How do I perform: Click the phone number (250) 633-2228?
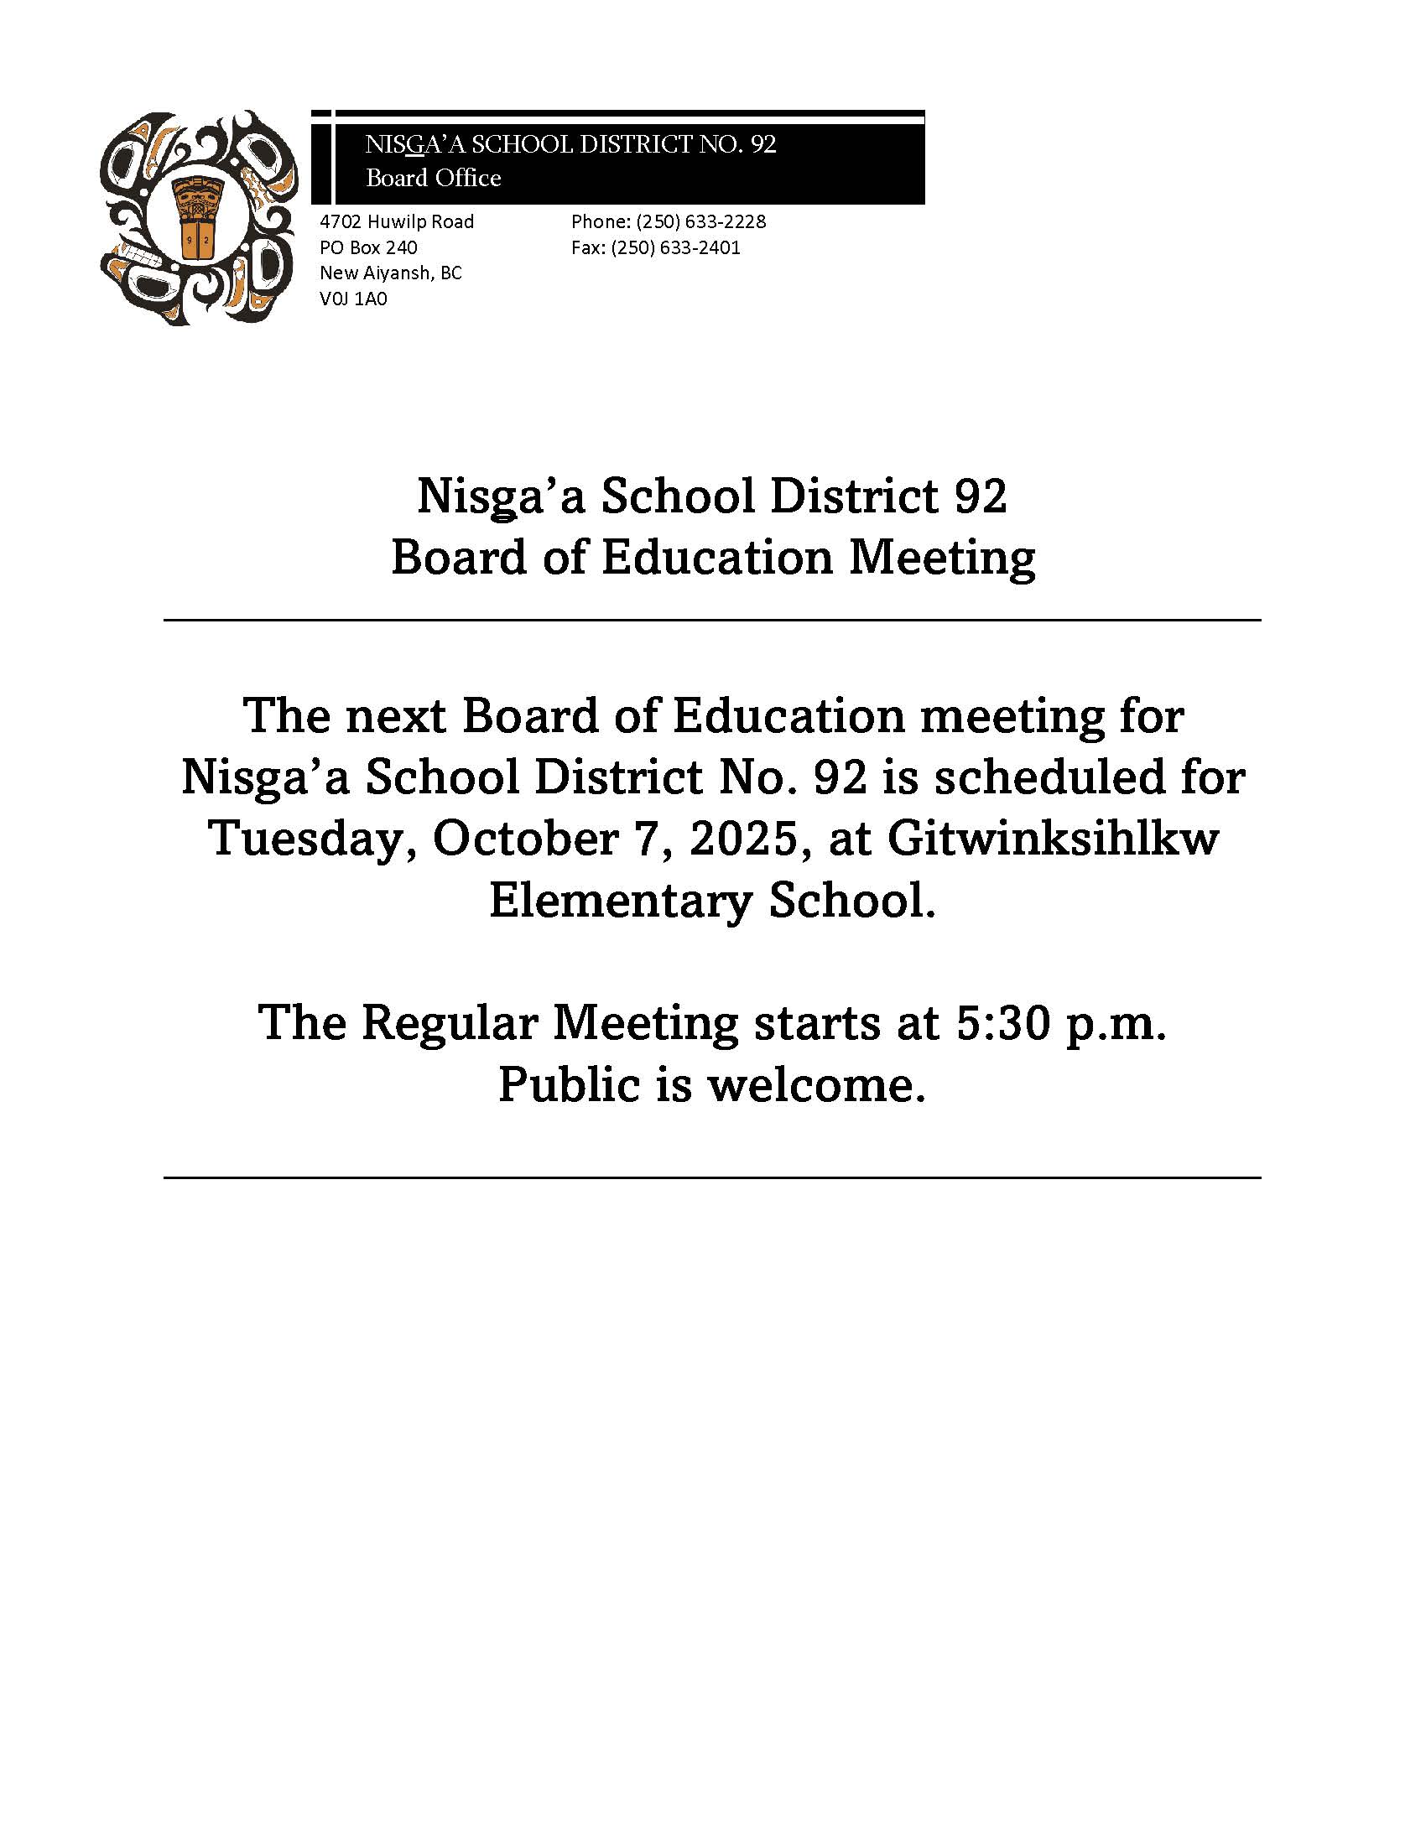click(700, 221)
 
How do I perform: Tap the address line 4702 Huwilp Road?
click(396, 221)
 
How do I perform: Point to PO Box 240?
click(367, 247)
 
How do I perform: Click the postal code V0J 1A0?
click(353, 299)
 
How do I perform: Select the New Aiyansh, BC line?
click(390, 273)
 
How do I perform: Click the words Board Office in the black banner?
click(433, 178)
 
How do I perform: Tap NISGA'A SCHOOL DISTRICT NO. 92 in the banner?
click(570, 144)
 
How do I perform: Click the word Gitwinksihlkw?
click(1053, 838)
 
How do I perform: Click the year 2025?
click(743, 838)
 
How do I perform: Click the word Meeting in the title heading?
click(941, 558)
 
